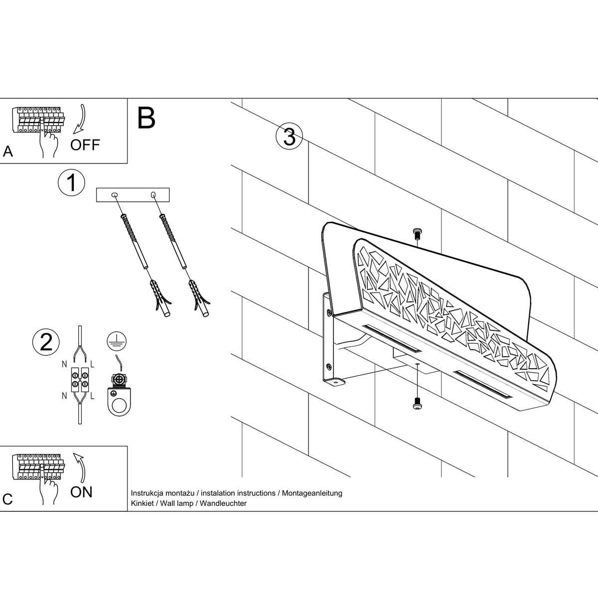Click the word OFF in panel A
pos(85,145)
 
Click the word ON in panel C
pos(81,492)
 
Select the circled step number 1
pos(72,183)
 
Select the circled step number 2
pos(46,342)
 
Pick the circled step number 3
pos(289,137)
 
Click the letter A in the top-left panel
pos(8,151)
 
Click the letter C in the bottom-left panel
pos(7,499)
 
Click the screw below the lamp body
pos(417,404)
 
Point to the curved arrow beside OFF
pos(79,119)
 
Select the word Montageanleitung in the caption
pos(312,493)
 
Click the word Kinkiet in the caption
pos(142,503)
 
